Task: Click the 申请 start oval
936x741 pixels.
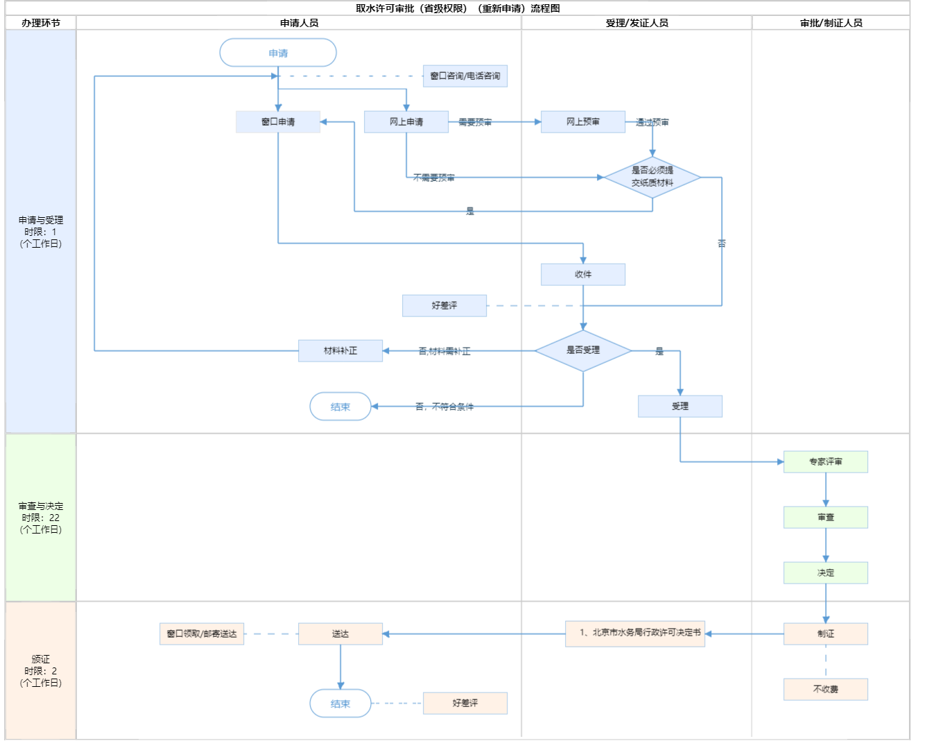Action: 278,53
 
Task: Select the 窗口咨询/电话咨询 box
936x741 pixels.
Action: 465,76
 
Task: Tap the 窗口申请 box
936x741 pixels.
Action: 278,121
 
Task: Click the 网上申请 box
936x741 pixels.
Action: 406,121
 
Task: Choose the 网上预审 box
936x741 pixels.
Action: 583,121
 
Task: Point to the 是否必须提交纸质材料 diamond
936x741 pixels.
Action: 652,177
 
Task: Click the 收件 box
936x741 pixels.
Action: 583,274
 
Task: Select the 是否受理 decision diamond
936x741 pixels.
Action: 583,350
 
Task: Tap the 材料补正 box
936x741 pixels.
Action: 340,350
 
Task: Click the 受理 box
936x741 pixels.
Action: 680,406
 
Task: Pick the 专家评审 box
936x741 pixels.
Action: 826,461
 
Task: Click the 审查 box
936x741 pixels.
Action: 826,517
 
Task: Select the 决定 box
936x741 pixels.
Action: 826,572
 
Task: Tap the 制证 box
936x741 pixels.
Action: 826,633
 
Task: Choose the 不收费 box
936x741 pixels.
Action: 826,689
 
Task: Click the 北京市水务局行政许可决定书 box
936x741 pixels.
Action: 635,633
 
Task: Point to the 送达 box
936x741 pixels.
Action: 340,633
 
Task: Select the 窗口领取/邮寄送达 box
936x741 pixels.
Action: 202,633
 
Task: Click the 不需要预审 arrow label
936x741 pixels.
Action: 434,178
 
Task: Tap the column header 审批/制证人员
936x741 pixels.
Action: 831,23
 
